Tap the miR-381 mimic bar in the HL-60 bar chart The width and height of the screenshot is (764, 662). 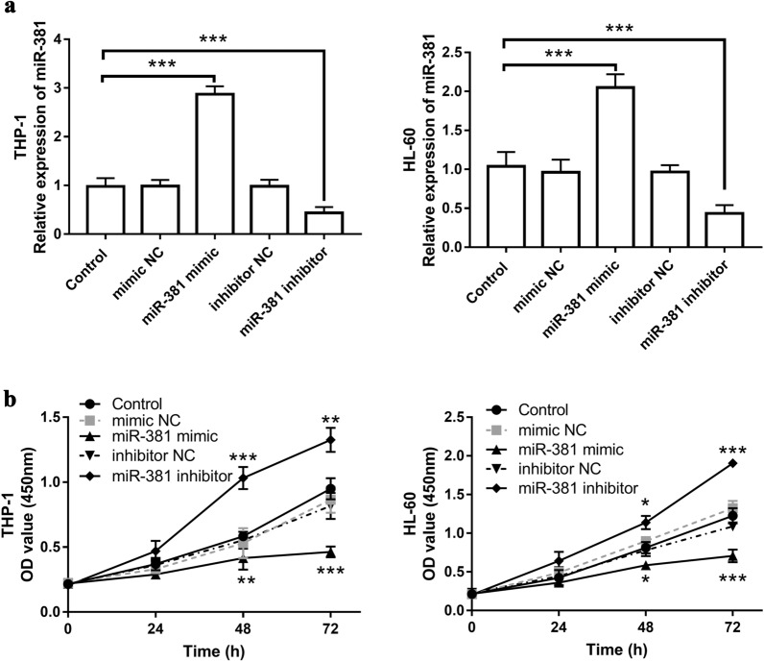click(x=595, y=167)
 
